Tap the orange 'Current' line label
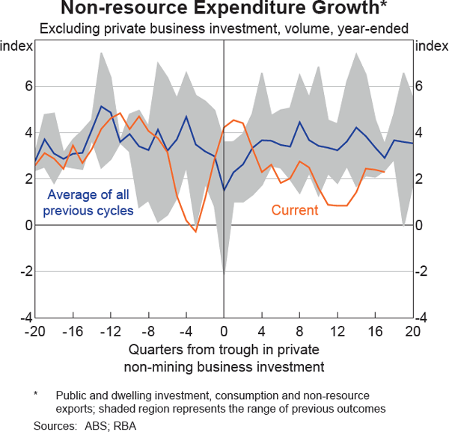click(295, 210)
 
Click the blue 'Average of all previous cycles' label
click(88, 203)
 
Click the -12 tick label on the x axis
click(110, 330)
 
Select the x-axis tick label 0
click(224, 330)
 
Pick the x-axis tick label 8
click(299, 330)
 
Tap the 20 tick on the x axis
click(412, 330)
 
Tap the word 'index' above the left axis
click(16, 46)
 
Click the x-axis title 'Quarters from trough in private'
click(224, 350)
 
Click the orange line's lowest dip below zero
click(195, 232)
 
